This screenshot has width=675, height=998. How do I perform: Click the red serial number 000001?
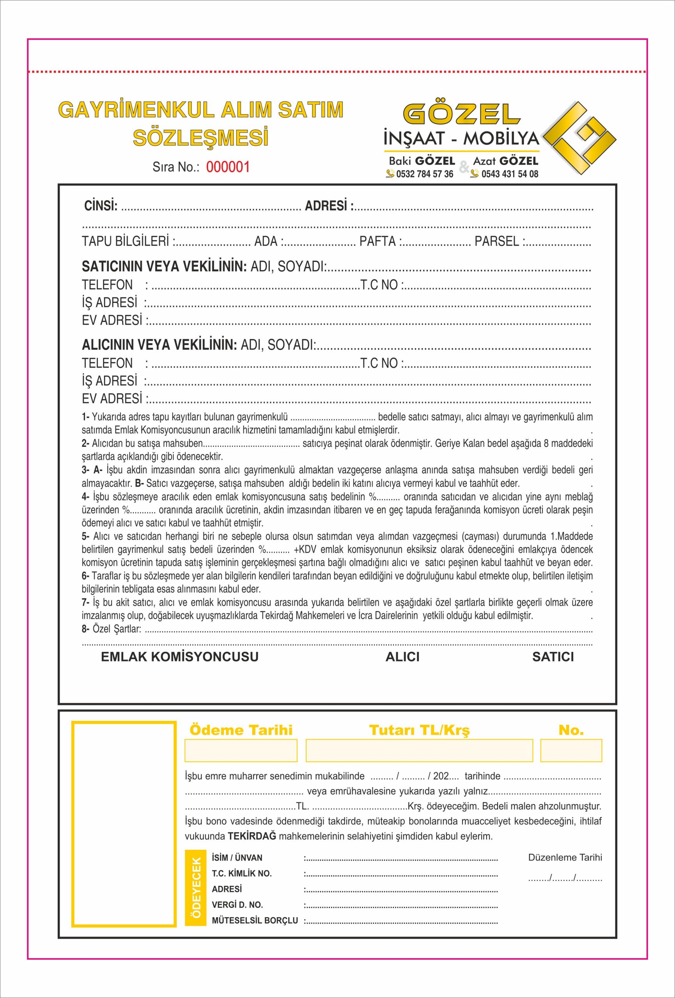click(x=228, y=167)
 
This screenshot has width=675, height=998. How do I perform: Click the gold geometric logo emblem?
click(x=579, y=138)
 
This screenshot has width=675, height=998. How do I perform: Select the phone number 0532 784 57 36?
click(x=425, y=174)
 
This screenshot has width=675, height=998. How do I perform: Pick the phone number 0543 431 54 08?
click(x=510, y=174)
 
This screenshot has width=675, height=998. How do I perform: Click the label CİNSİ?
click(x=101, y=206)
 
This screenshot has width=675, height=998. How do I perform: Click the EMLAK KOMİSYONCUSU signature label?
click(x=180, y=656)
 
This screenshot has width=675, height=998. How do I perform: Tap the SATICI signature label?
click(x=553, y=656)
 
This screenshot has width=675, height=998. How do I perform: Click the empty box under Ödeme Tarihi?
click(x=241, y=750)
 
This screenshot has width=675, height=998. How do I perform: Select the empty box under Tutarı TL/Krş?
click(x=419, y=750)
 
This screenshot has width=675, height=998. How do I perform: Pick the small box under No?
click(x=570, y=750)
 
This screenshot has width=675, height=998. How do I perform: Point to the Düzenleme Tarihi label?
click(x=565, y=858)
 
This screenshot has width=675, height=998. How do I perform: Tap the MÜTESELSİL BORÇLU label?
click(x=255, y=921)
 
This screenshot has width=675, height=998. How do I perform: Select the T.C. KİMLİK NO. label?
click(x=241, y=874)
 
